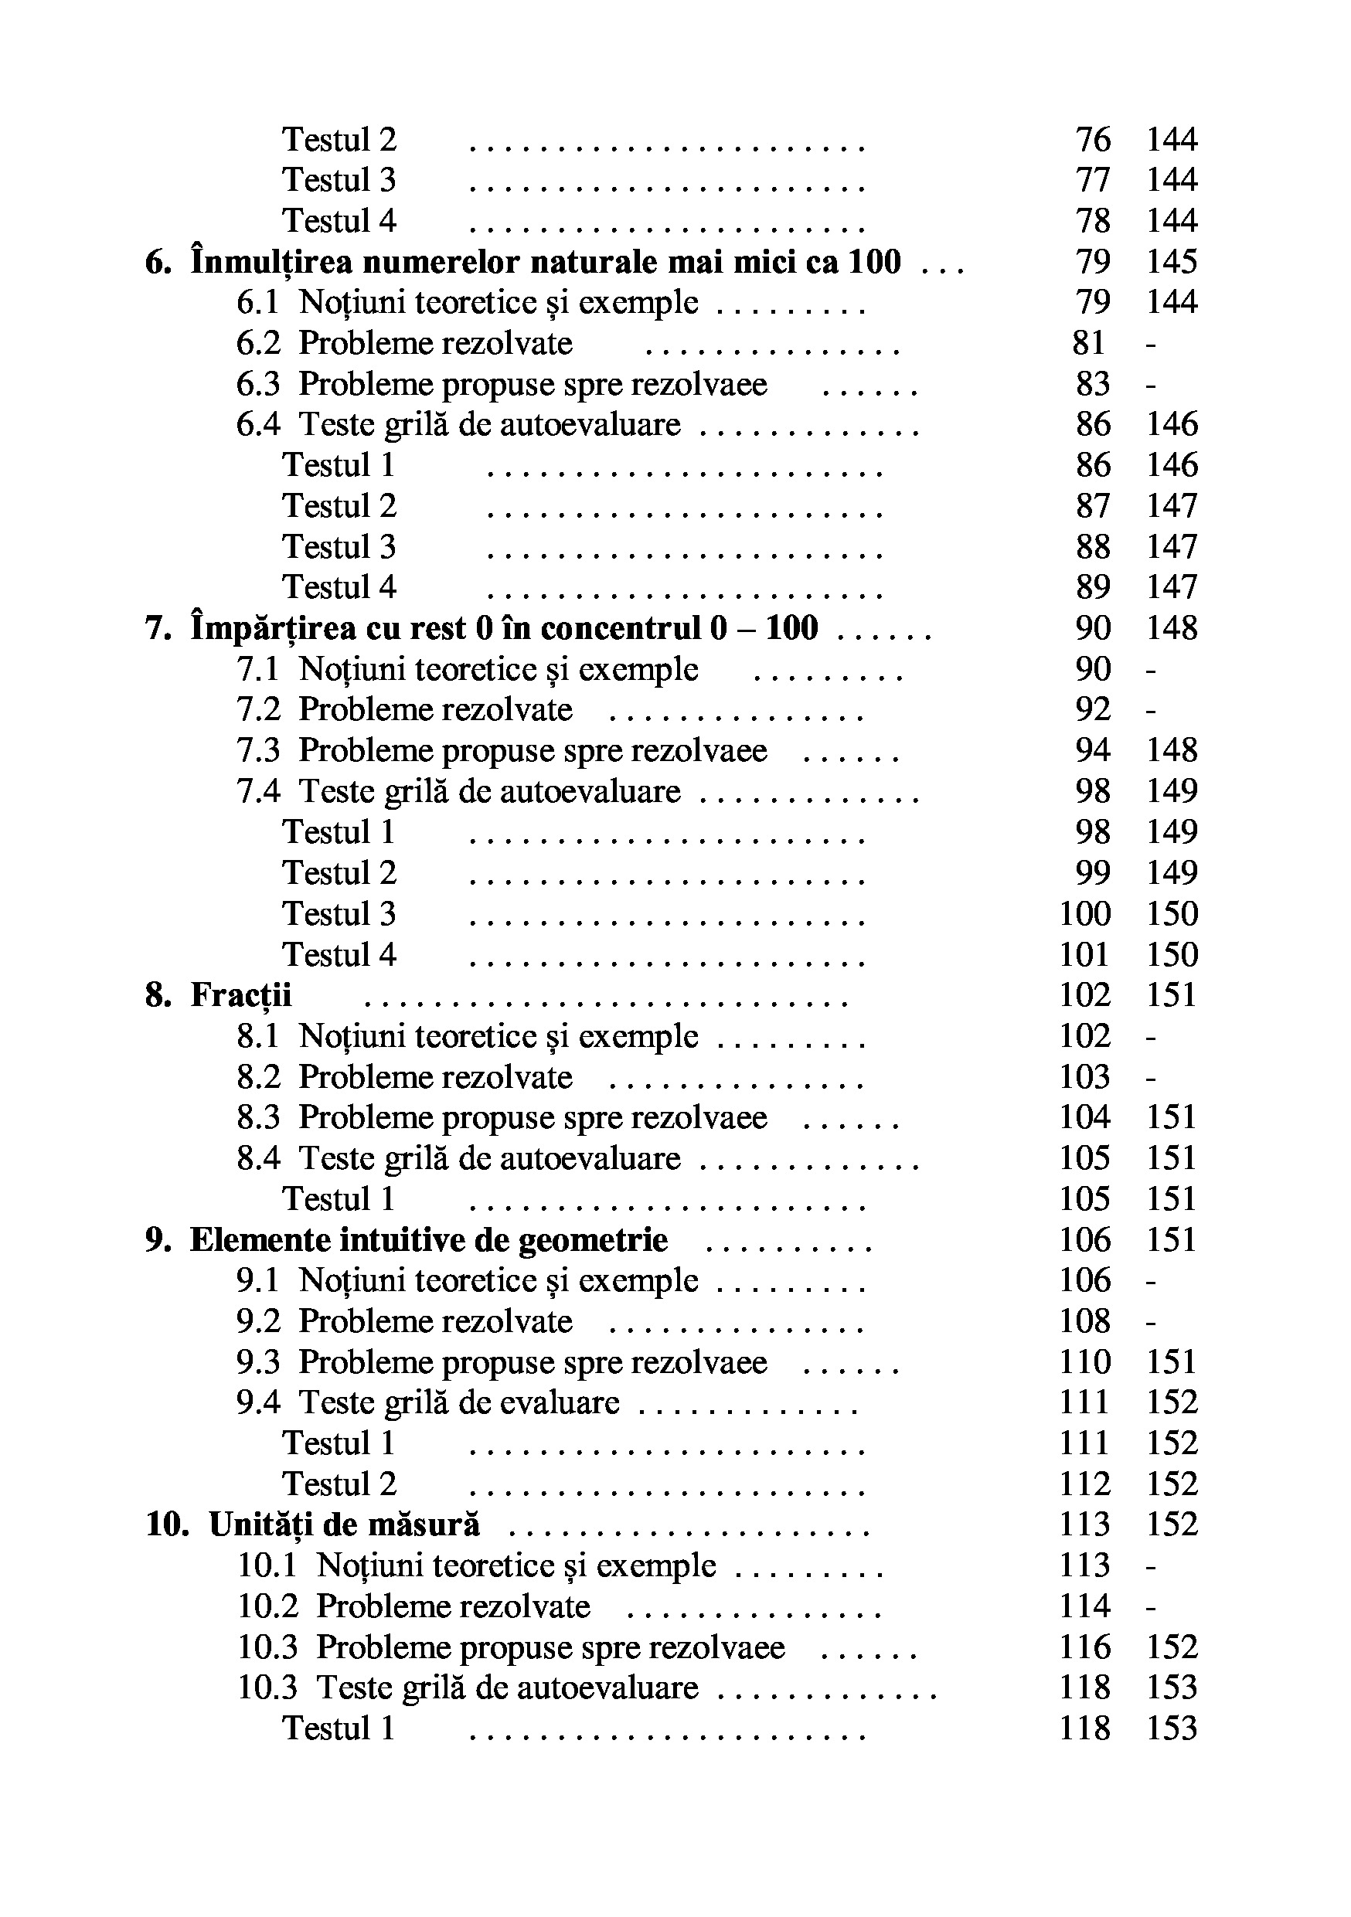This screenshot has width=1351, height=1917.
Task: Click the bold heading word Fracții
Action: coord(240,995)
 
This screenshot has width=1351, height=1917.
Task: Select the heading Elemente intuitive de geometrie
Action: coord(428,1240)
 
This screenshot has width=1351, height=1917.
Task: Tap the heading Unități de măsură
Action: coord(344,1524)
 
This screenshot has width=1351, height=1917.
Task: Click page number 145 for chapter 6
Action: coord(1172,262)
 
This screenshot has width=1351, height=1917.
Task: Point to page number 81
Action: coord(1089,343)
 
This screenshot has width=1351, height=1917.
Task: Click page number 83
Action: coord(1092,384)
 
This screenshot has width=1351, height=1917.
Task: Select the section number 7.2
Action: coord(258,709)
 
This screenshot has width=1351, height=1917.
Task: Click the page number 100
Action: coord(1084,913)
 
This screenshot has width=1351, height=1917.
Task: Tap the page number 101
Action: coord(1084,954)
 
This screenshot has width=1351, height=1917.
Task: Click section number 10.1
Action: coord(267,1565)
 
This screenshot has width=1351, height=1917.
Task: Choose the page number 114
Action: coord(1084,1606)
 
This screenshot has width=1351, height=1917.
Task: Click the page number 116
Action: coord(1084,1647)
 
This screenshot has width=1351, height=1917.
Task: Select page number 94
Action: coord(1092,750)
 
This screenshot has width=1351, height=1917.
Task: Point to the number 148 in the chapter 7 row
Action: coord(1172,628)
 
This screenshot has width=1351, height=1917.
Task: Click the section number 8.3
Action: coord(258,1117)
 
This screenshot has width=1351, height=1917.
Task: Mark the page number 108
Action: coord(1084,1320)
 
